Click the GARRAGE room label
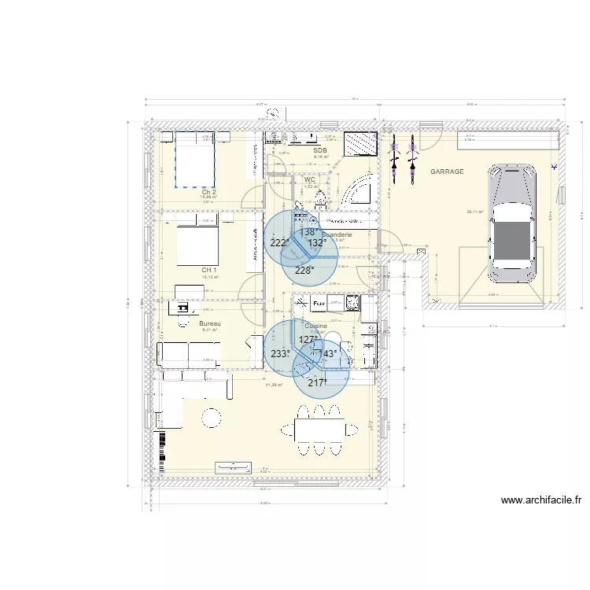pos(446,171)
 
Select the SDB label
pos(319,149)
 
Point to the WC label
pos(309,179)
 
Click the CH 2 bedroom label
pos(208,191)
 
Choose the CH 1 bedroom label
pos(208,270)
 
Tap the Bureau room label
pos(209,323)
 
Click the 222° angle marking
pos(279,243)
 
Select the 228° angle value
pos(304,270)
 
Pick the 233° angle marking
pos(279,354)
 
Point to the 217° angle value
pos(318,382)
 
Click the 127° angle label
pos(308,340)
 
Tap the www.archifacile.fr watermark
pos(540,500)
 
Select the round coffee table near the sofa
pos(212,418)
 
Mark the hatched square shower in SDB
pos(361,145)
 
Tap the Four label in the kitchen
pos(319,302)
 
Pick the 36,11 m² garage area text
pos(474,211)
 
